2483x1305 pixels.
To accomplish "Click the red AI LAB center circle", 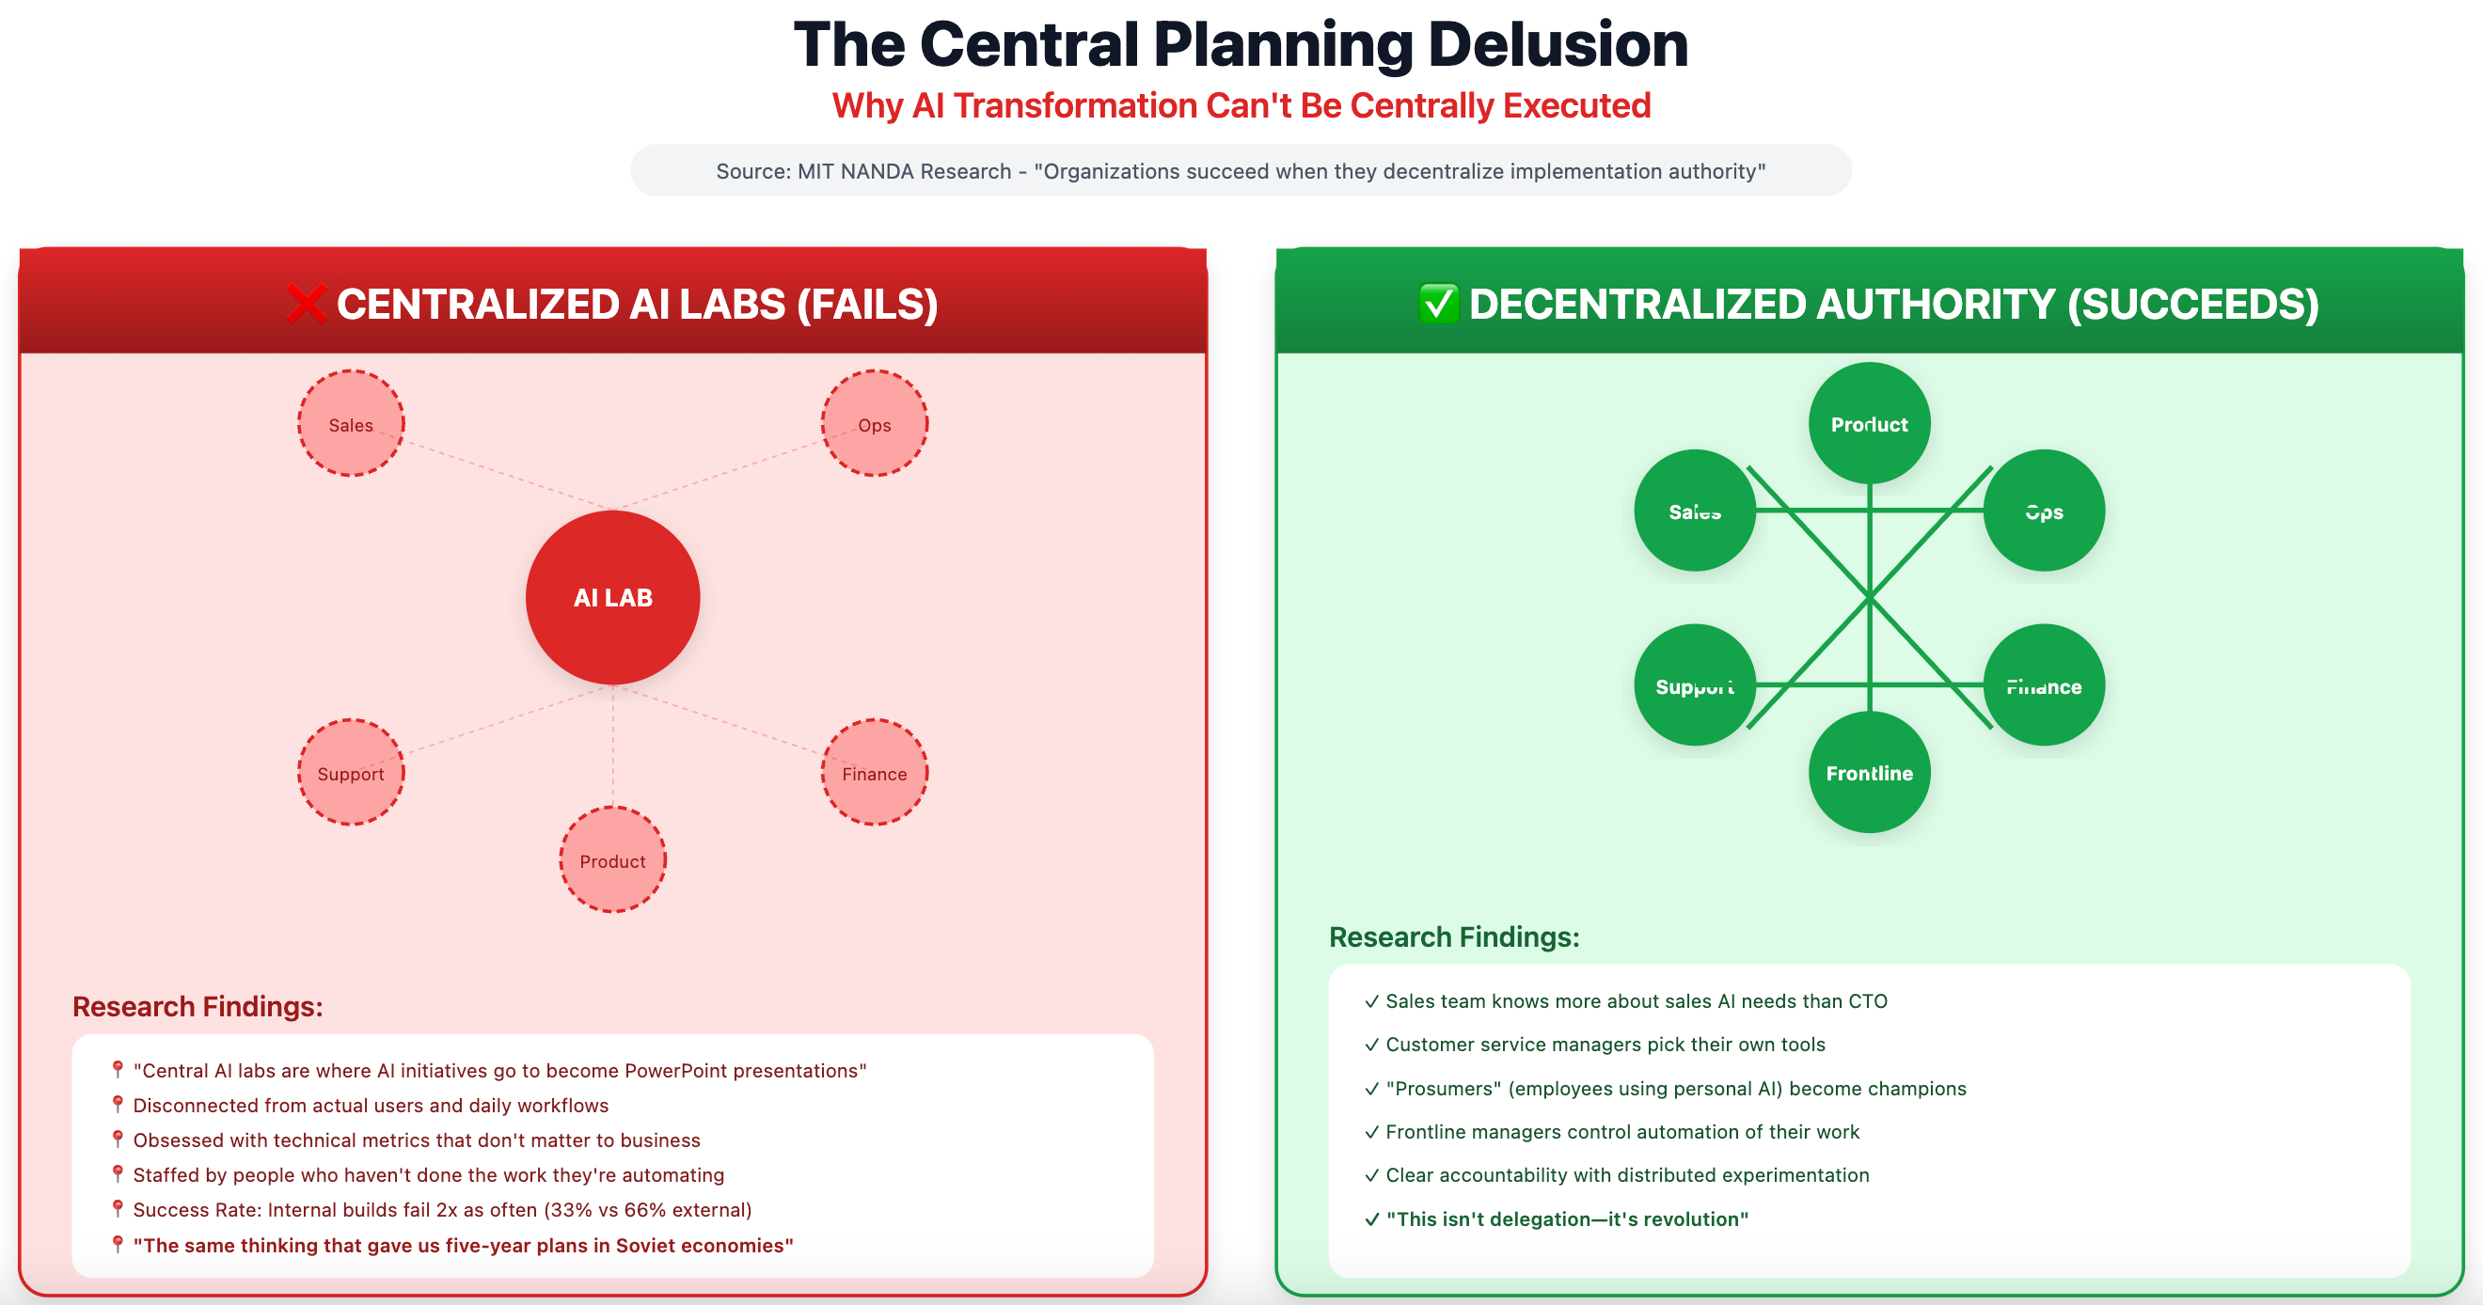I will [x=613, y=598].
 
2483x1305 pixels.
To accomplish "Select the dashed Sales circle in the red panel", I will [x=351, y=424].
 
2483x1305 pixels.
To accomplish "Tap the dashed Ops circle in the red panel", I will [x=875, y=424].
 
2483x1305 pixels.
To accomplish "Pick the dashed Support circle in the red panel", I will [x=351, y=773].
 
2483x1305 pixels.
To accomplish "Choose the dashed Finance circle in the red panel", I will [x=875, y=773].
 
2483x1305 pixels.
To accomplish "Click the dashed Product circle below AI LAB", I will [x=613, y=860].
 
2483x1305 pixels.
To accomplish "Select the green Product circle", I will [x=1869, y=423].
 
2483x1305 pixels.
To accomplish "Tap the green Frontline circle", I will [x=1869, y=772].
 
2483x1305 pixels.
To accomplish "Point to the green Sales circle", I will [x=1695, y=511].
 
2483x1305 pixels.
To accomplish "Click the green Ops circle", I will [x=2044, y=511].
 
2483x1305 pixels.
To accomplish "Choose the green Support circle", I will [x=1695, y=685].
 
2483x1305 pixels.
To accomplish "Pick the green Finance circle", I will [x=2044, y=685].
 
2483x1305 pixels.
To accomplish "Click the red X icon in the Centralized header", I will [x=307, y=304].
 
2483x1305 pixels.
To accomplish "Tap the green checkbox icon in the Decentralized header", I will [x=1438, y=304].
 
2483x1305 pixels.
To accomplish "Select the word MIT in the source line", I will [x=815, y=171].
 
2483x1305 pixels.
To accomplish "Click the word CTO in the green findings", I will [x=1867, y=1001].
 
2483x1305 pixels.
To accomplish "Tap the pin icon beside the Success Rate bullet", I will [x=118, y=1208].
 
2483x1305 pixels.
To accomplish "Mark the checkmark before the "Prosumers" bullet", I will [x=1371, y=1089].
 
